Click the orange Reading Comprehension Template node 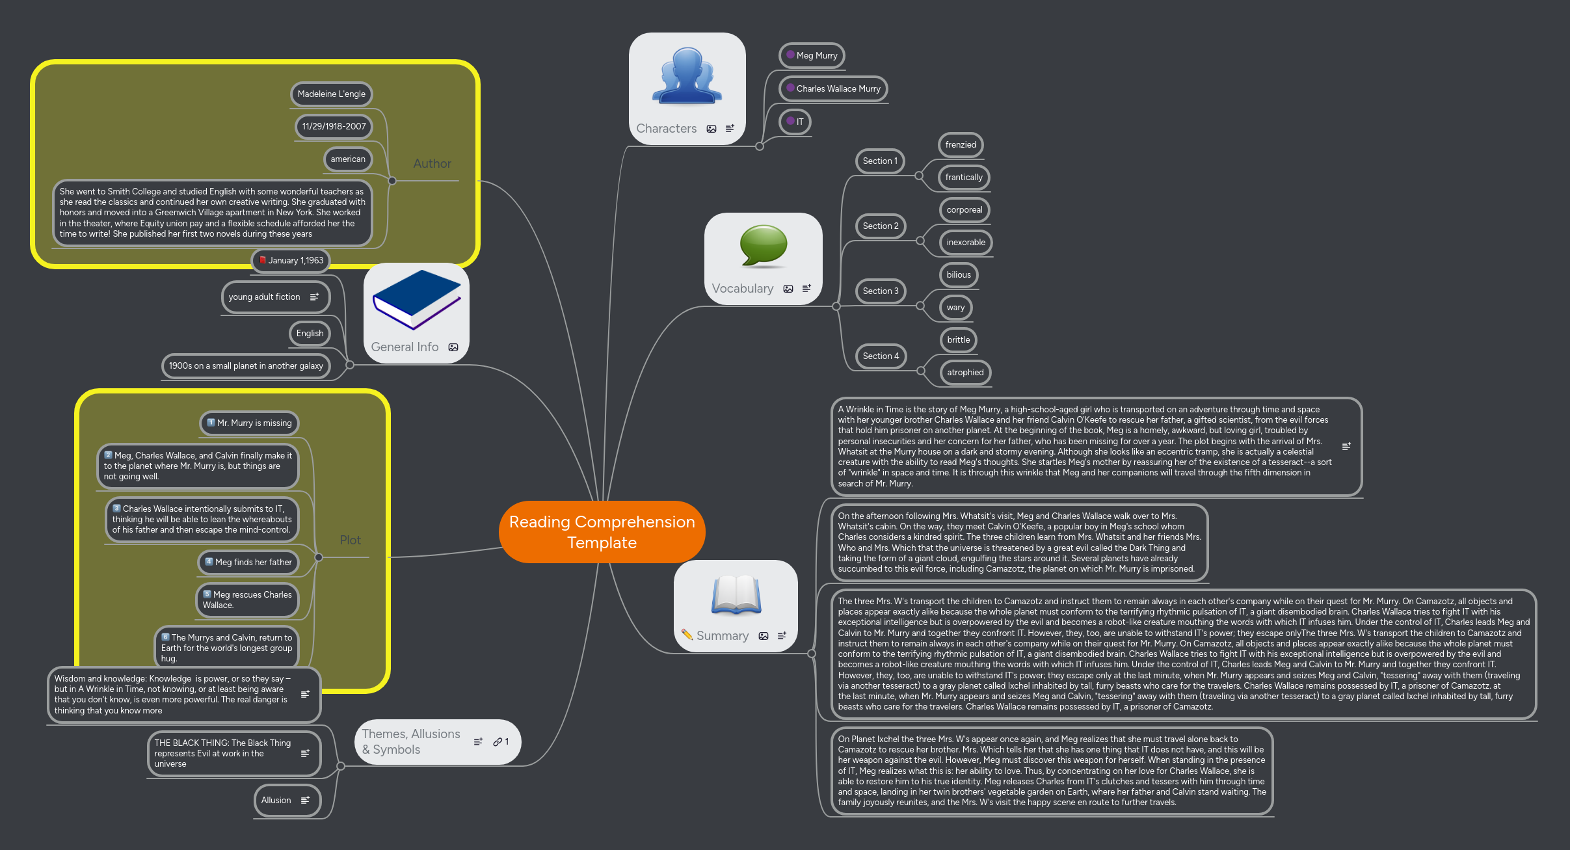(x=602, y=532)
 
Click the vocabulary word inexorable (x=965, y=243)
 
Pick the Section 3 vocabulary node (x=880, y=291)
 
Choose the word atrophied (x=965, y=373)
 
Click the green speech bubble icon (x=763, y=246)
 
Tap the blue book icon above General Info (x=416, y=300)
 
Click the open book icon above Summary (x=736, y=594)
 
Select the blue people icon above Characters (x=687, y=76)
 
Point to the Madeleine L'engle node (x=331, y=94)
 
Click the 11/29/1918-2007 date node (x=334, y=127)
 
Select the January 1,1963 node (x=291, y=261)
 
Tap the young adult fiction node (x=265, y=297)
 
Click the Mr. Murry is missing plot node (x=249, y=423)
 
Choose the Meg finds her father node (x=248, y=563)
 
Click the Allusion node (x=276, y=801)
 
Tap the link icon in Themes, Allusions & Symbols (x=498, y=742)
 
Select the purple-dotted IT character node (x=795, y=122)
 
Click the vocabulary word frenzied (x=960, y=145)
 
